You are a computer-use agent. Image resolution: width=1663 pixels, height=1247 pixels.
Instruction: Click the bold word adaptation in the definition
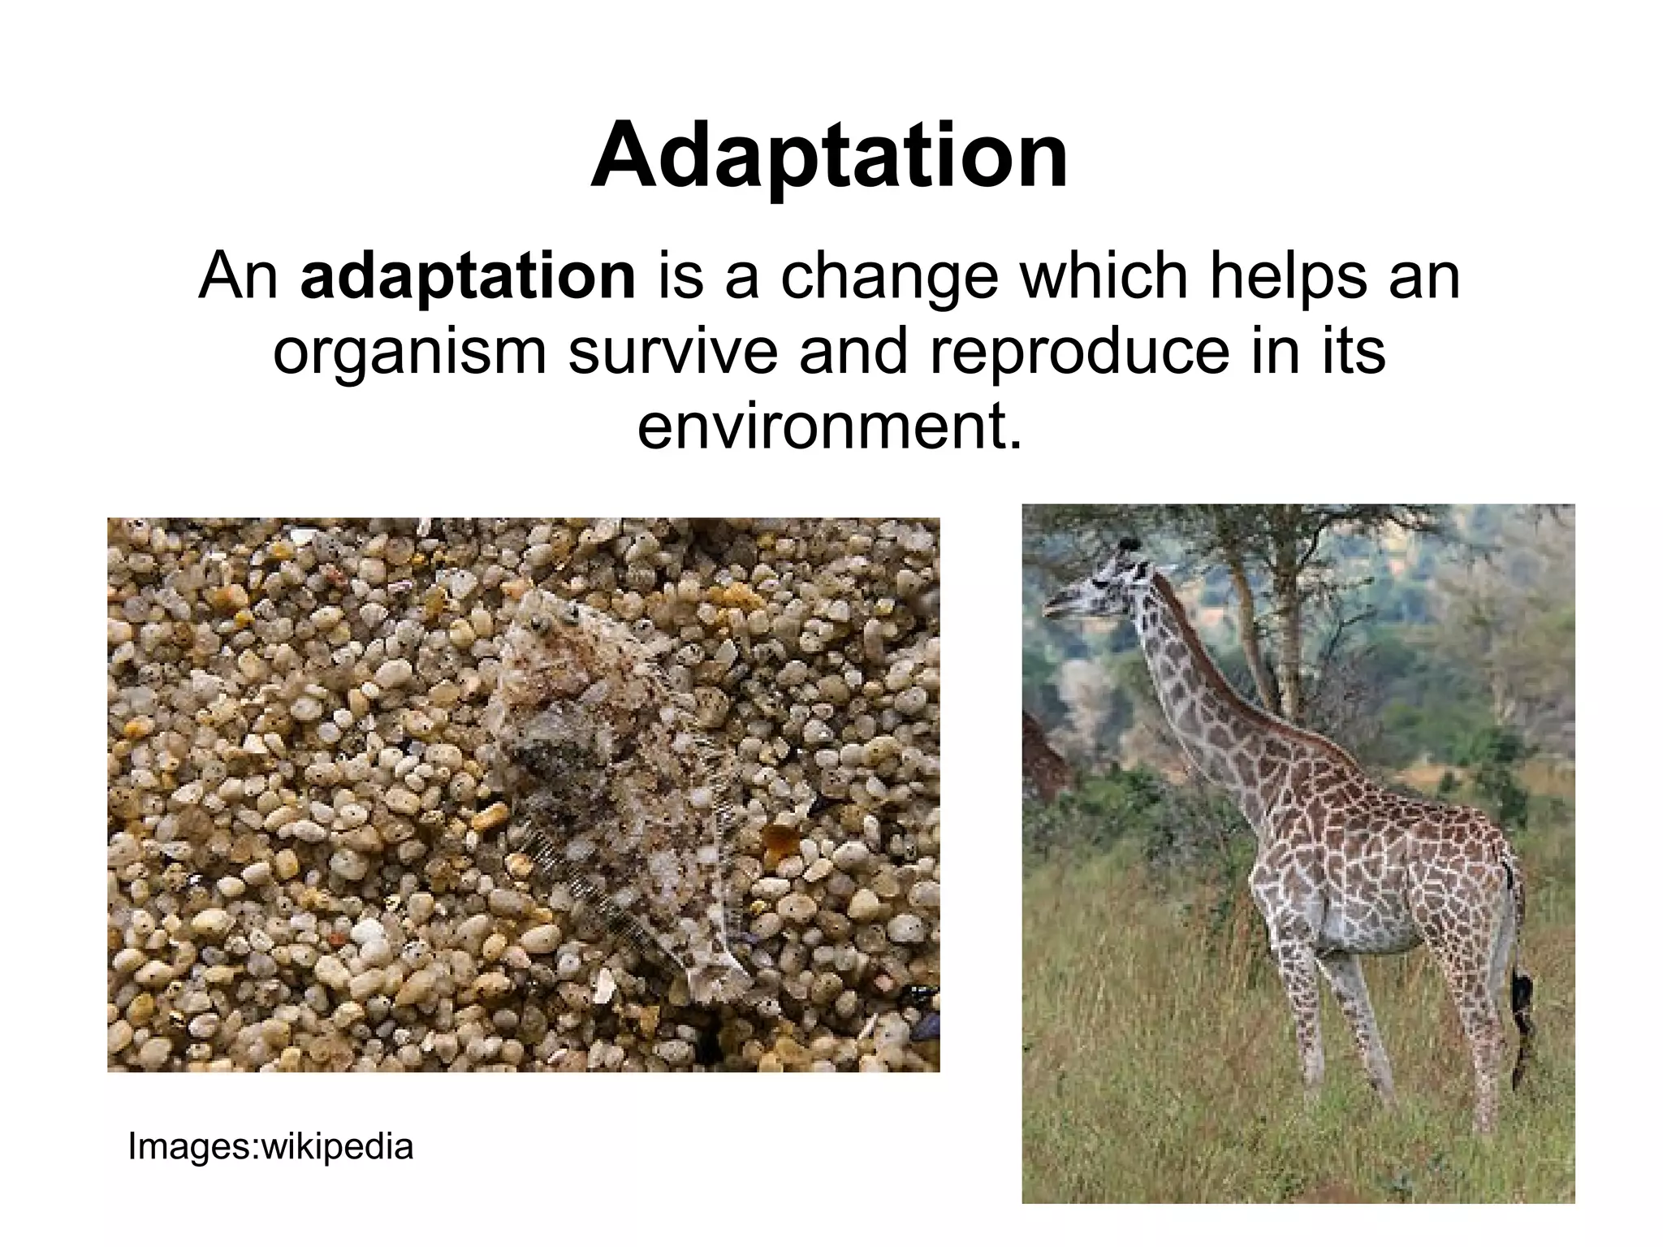coord(468,277)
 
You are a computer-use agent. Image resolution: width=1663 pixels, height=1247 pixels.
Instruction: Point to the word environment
coord(828,427)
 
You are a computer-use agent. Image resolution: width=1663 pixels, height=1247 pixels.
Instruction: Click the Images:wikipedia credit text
coord(270,1146)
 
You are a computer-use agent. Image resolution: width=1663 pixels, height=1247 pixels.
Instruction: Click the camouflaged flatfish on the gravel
coord(601,772)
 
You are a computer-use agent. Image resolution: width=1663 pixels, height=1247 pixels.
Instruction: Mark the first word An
coord(238,277)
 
